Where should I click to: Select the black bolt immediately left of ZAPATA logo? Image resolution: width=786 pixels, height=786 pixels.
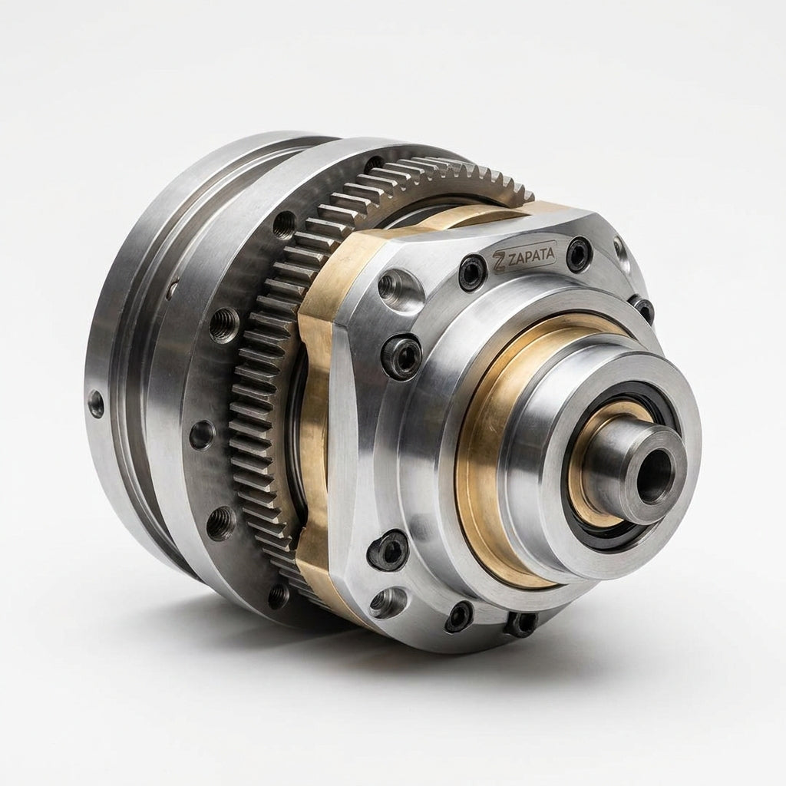[x=472, y=272]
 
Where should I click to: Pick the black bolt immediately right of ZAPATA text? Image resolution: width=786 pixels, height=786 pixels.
[x=579, y=253]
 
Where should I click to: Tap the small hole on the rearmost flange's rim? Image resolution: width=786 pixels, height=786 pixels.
[x=94, y=404]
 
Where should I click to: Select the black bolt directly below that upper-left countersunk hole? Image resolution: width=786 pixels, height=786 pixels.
[x=401, y=357]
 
